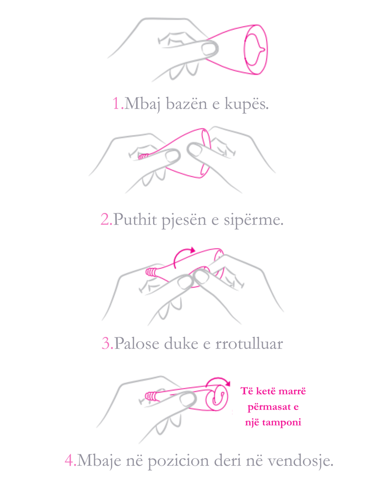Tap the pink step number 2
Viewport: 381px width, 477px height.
(106, 219)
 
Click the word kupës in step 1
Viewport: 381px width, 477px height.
(247, 104)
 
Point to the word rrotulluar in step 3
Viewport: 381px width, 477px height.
(249, 344)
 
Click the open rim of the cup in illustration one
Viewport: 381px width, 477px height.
(256, 49)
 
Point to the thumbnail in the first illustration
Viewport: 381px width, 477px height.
(210, 48)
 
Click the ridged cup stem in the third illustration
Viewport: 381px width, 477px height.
(151, 272)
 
